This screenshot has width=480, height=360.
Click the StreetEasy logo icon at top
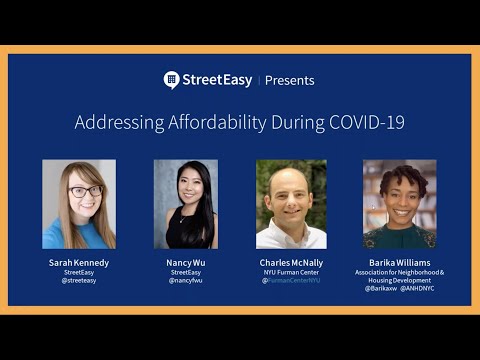[172, 80]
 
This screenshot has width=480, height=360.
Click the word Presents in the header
[290, 81]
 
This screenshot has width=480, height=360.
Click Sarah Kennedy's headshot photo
[79, 204]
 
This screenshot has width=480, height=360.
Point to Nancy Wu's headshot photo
[185, 204]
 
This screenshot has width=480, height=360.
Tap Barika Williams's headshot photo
[399, 204]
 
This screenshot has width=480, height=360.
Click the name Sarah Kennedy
[79, 262]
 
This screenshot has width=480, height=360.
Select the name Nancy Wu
[185, 262]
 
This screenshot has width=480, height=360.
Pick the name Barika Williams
[399, 262]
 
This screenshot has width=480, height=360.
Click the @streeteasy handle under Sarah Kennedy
[79, 281]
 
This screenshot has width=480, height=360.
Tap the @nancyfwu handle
[185, 281]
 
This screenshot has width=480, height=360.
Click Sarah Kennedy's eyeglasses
[84, 191]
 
